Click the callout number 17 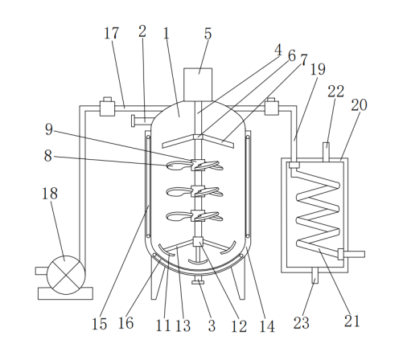(x=111, y=33)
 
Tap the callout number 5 (x=208, y=34)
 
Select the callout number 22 (x=335, y=92)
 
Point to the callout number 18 (x=50, y=194)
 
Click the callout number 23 (x=301, y=323)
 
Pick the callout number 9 (x=49, y=129)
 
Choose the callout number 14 (x=267, y=326)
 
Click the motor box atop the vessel (x=198, y=84)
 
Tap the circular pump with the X (x=66, y=275)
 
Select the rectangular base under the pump (x=65, y=293)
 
